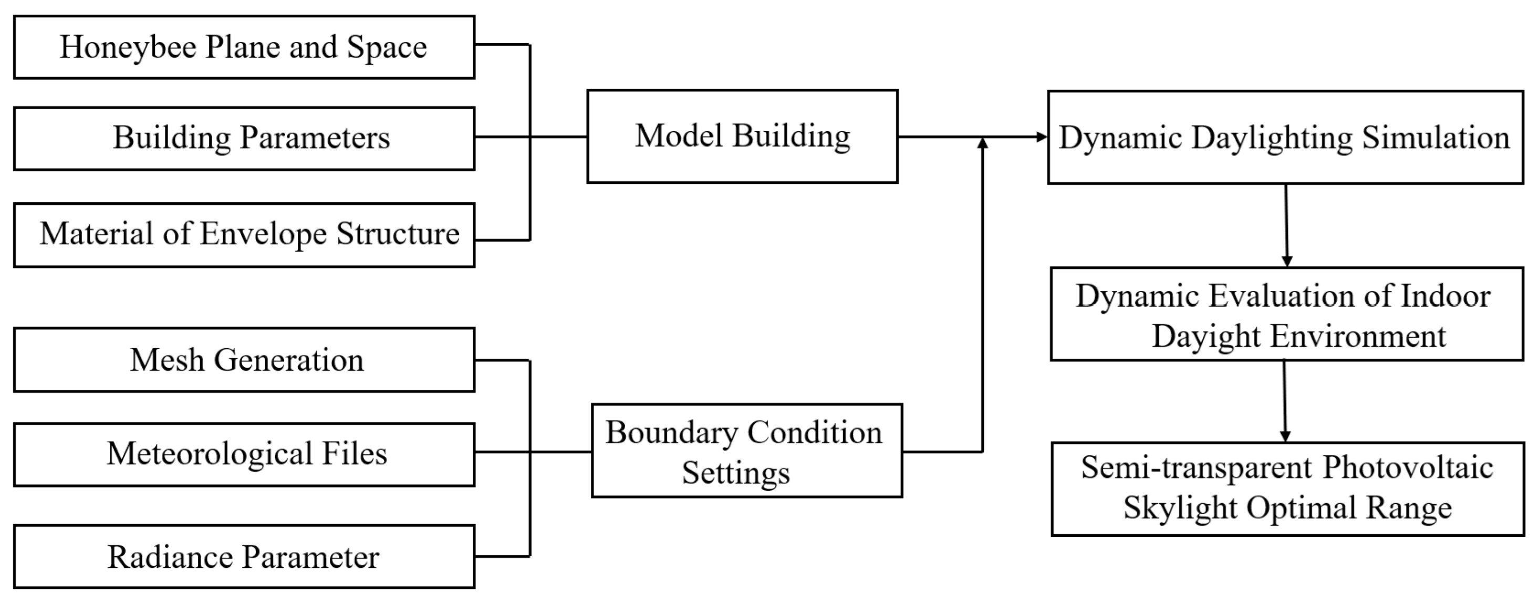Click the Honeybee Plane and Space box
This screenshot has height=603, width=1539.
(x=244, y=47)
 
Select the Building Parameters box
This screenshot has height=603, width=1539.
(x=244, y=139)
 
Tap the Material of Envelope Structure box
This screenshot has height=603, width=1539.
(x=244, y=235)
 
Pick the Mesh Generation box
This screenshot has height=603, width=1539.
(x=244, y=360)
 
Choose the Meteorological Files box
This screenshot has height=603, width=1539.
(x=244, y=454)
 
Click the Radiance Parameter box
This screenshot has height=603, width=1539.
(x=244, y=556)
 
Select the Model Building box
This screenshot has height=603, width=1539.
(x=742, y=136)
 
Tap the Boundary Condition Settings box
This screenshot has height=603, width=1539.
(x=746, y=451)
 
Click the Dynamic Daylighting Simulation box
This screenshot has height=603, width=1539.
(x=1285, y=138)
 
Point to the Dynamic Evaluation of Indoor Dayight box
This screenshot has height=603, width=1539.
(x=1286, y=314)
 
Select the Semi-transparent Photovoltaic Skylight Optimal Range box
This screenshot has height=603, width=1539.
(x=1287, y=489)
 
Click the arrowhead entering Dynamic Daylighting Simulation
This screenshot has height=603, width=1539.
(x=1042, y=137)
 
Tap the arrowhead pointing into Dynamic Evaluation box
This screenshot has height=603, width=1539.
(x=1287, y=261)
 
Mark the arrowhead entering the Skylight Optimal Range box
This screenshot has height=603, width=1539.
(x=1285, y=436)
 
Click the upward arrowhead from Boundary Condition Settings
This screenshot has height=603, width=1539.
(x=982, y=142)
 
